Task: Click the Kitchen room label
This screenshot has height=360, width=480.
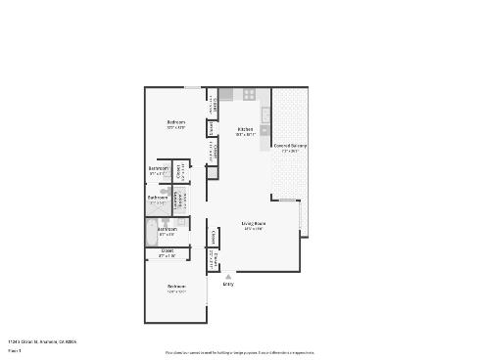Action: click(246, 129)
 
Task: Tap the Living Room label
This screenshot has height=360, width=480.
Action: click(254, 223)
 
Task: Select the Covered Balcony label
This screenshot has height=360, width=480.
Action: click(290, 146)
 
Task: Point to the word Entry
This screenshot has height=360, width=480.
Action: click(228, 284)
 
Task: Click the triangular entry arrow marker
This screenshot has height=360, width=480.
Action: click(228, 276)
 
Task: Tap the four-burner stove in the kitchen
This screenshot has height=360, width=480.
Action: click(249, 95)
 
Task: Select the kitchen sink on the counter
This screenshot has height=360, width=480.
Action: click(264, 113)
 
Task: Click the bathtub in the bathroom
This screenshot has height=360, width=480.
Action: click(152, 233)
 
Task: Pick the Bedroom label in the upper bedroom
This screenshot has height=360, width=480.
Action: click(176, 122)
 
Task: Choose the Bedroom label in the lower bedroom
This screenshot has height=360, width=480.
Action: click(176, 286)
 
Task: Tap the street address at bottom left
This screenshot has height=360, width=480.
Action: click(41, 341)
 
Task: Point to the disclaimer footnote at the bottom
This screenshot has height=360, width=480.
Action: click(240, 351)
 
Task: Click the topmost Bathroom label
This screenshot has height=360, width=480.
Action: click(159, 168)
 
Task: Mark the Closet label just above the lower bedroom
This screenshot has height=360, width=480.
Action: click(168, 250)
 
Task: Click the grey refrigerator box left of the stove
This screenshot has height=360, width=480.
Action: click(225, 95)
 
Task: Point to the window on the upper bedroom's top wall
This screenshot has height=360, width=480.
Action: click(193, 87)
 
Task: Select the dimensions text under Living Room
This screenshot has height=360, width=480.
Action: click(254, 229)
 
